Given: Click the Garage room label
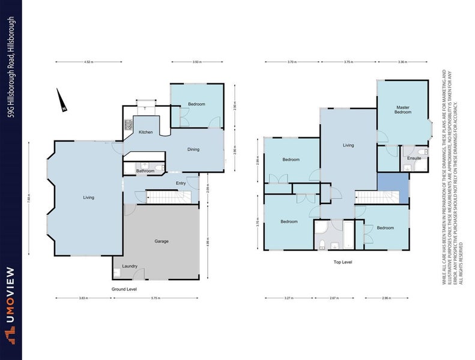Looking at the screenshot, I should click(x=161, y=241).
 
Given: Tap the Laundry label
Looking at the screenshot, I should click(x=130, y=266).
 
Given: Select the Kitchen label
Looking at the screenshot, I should click(x=146, y=132).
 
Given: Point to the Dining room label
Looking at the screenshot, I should click(x=193, y=149).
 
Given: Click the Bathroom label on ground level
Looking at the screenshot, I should click(x=145, y=171).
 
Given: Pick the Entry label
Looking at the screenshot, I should click(x=181, y=183).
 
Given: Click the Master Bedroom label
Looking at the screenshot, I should click(x=402, y=110).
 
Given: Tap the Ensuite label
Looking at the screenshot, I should click(x=414, y=158).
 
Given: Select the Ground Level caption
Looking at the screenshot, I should click(x=124, y=289).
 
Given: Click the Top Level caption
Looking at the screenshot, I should click(x=342, y=263).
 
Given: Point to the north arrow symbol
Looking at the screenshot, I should click(x=60, y=100).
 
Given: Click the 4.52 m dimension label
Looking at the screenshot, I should click(x=88, y=62).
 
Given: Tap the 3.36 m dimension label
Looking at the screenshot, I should click(x=404, y=62).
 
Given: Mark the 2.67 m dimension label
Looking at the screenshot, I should click(x=336, y=298).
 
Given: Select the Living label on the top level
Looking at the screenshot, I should click(x=348, y=145).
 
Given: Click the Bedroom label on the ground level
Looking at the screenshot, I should click(x=196, y=104).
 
